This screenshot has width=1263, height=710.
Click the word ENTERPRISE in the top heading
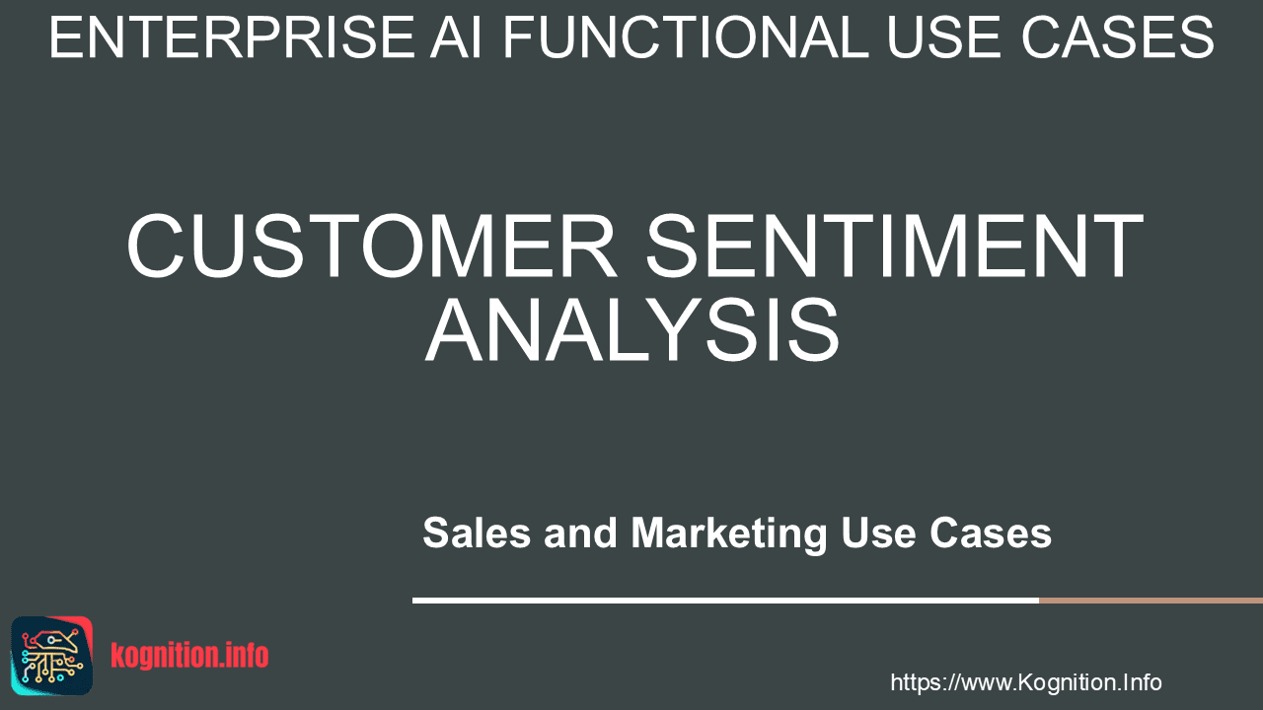tap(233, 37)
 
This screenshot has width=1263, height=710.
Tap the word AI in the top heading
tap(456, 37)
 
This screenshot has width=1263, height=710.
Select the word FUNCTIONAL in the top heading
tap(686, 37)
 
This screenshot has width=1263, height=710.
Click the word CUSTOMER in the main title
tap(372, 246)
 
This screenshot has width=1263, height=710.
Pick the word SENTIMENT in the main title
tap(895, 246)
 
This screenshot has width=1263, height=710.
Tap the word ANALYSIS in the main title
tap(632, 330)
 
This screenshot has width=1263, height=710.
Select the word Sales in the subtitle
tap(477, 532)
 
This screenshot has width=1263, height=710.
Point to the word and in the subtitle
tap(580, 532)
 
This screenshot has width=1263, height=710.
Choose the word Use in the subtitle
tap(878, 532)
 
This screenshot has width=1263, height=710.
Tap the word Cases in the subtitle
tap(990, 532)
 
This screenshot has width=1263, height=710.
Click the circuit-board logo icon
tap(52, 656)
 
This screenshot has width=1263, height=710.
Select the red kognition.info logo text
tap(189, 656)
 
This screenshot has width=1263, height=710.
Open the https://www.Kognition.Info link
tap(1025, 682)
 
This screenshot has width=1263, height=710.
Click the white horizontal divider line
tap(725, 601)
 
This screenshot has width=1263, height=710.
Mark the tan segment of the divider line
tap(1151, 601)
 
